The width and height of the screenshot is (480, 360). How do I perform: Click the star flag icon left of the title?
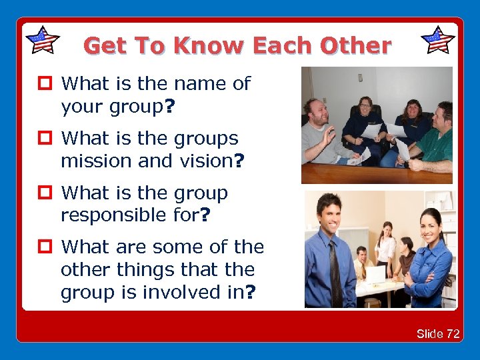click(x=42, y=40)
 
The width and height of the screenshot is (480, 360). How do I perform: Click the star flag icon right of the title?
click(x=438, y=40)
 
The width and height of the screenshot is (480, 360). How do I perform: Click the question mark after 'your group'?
click(x=171, y=107)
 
